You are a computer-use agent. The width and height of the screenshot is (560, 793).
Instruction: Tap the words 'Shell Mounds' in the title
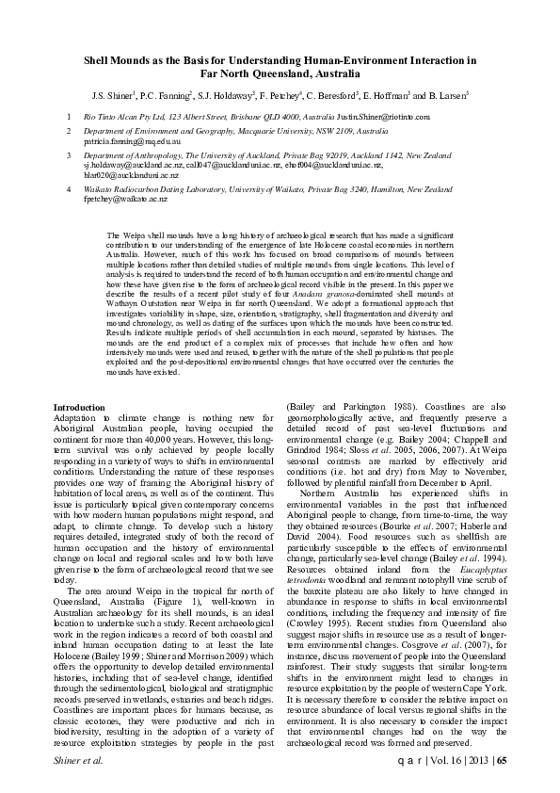pyautogui.click(x=116, y=57)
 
